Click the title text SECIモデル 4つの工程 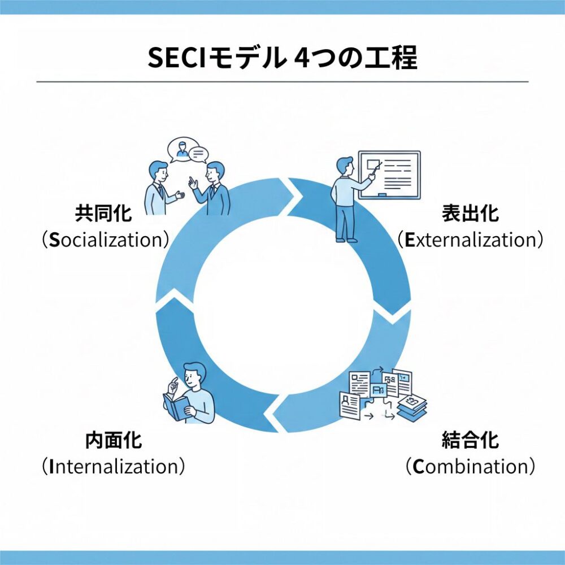(x=282, y=58)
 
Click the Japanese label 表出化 (x=470, y=214)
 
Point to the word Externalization (x=470, y=240)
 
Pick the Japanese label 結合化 (x=470, y=440)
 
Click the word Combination (x=470, y=467)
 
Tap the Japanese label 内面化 (x=113, y=440)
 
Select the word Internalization (x=113, y=467)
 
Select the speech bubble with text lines (x=199, y=153)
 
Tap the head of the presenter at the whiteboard (x=345, y=167)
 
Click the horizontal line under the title (x=282, y=82)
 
